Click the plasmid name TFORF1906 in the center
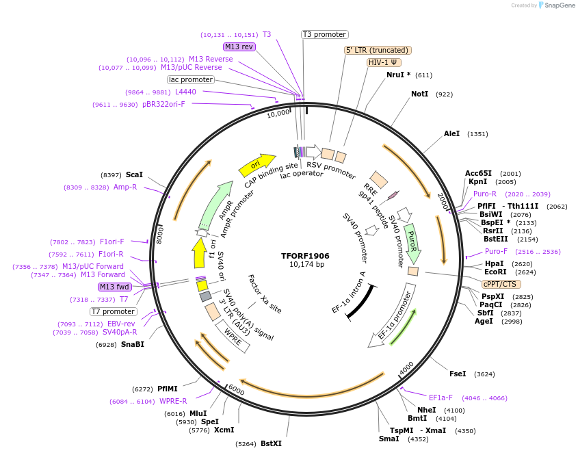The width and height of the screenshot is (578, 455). coord(305,256)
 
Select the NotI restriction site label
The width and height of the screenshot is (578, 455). coord(419,94)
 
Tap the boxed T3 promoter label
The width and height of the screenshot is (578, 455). coord(325,34)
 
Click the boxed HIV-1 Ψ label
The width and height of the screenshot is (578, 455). coord(384,62)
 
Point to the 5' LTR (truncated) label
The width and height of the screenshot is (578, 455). coord(377,50)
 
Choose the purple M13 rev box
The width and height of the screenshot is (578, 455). coord(239,47)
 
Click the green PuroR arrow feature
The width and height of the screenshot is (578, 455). coord(412,242)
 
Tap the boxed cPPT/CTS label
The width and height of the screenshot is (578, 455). coord(501,284)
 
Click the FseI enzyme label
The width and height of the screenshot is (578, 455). coord(458,374)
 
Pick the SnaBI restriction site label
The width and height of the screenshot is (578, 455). coord(133,344)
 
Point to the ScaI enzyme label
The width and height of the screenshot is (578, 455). coord(134,174)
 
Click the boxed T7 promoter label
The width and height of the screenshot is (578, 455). coord(113,311)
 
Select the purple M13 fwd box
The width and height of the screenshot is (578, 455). coord(115,287)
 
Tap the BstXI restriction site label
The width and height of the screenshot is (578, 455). coord(271,443)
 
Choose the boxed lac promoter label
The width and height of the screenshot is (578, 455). coord(191,80)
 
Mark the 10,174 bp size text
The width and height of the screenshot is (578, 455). coord(306,265)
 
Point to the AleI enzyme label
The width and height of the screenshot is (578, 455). coord(452,134)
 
